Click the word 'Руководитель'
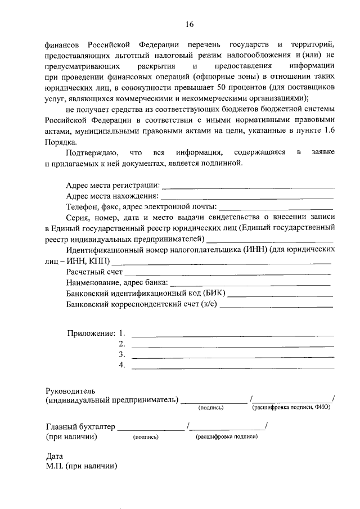71,390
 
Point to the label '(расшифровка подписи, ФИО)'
291,407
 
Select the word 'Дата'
54,457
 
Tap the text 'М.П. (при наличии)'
82,467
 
